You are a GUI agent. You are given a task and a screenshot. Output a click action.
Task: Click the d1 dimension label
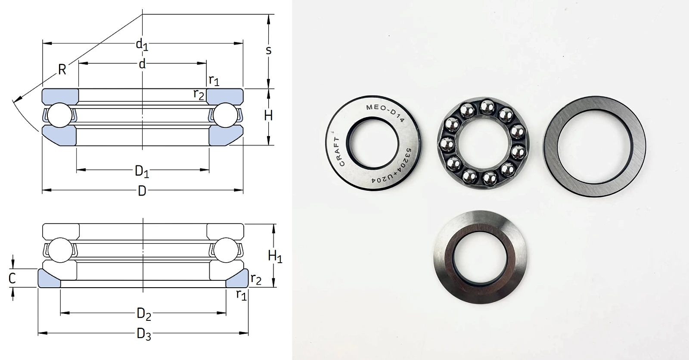click(x=142, y=45)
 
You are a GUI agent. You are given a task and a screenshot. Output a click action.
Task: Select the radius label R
click(x=62, y=70)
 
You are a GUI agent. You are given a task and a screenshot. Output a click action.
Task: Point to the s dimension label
click(x=269, y=50)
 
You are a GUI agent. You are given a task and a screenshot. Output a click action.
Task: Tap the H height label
click(x=268, y=116)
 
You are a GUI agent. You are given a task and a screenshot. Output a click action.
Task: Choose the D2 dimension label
click(x=144, y=314)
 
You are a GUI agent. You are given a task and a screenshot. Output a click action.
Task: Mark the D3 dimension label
click(x=144, y=334)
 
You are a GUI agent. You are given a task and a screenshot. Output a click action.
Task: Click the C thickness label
click(x=12, y=279)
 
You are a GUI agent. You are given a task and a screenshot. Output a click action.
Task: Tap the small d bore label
click(x=142, y=64)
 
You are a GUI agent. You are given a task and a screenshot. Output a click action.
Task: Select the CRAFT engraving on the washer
click(x=340, y=152)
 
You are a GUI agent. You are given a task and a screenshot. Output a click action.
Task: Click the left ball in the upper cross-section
click(x=60, y=115)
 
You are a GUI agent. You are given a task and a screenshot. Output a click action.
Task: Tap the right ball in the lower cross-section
click(x=226, y=250)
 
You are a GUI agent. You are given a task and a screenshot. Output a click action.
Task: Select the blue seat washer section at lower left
click(x=49, y=278)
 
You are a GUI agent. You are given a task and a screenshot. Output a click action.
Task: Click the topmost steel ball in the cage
click(x=487, y=107)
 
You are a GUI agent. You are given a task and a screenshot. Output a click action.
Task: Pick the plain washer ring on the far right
click(x=595, y=146)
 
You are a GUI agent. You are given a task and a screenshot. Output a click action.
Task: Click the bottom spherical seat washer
click(x=480, y=257)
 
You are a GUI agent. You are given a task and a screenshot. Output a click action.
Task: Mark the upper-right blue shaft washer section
click(x=225, y=96)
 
